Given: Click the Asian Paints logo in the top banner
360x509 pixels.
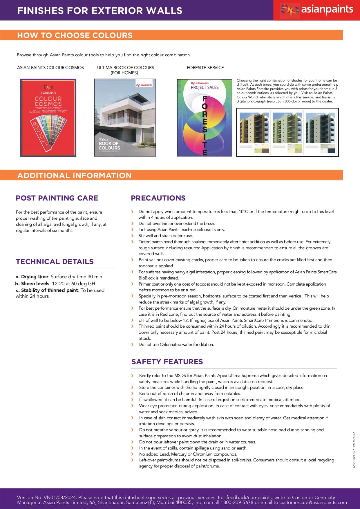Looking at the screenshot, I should tap(316, 10).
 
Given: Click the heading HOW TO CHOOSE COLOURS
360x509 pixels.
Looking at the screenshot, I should tap(75, 35).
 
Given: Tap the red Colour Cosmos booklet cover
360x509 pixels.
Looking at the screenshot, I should tap(48, 118).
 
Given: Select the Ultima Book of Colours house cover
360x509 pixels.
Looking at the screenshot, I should tap(125, 118).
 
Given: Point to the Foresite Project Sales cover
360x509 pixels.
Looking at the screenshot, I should tap(205, 118).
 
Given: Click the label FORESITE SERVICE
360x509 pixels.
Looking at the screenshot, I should tap(205, 68).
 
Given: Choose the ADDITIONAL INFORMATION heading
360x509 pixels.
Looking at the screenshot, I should tap(74, 175).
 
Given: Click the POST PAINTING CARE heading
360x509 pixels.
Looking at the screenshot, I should tap(57, 198).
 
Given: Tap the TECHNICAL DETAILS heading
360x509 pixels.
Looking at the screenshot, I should tap(55, 261).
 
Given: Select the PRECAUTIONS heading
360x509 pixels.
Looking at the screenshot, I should tap(158, 198).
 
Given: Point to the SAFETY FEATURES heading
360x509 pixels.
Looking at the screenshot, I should tap(167, 362).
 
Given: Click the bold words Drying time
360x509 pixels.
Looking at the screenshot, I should tap(34, 277).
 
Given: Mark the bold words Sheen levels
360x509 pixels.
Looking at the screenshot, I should tap(35, 284).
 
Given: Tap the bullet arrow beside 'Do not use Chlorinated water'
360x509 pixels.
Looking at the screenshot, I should tap(132, 344).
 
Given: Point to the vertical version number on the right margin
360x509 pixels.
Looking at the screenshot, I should tap(354, 450).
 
